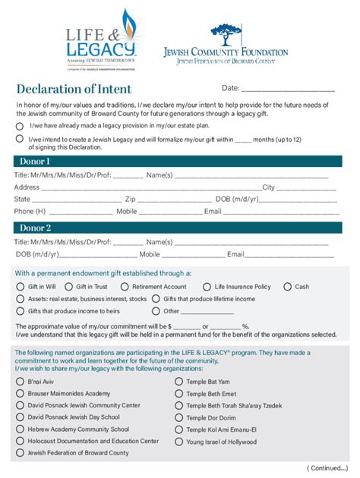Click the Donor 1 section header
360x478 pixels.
(x=35, y=162)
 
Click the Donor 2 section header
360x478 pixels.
(x=35, y=228)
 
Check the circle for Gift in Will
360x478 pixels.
(x=21, y=287)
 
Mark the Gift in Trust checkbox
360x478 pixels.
(x=68, y=287)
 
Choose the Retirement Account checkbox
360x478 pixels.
(x=125, y=287)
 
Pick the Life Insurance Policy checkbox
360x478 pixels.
(x=207, y=287)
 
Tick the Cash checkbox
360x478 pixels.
(x=287, y=287)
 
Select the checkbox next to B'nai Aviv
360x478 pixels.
(x=20, y=382)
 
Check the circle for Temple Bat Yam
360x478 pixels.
(x=179, y=382)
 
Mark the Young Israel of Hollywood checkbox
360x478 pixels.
(x=179, y=442)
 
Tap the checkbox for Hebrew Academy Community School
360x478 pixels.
(x=20, y=429)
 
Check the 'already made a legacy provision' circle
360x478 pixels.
(x=20, y=125)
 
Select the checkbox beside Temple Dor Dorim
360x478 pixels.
(x=179, y=418)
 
